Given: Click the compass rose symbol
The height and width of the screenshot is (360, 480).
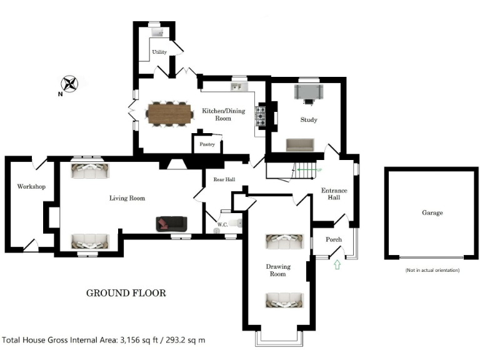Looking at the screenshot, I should [69, 83].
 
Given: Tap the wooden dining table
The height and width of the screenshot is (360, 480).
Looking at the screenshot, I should [170, 114].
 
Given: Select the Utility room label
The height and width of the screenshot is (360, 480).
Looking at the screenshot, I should [160, 52].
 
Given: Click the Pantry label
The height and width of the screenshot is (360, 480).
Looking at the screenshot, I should [207, 144].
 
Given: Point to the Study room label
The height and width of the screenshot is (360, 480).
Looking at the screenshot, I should [308, 120].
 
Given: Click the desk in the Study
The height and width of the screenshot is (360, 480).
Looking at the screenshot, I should [309, 92].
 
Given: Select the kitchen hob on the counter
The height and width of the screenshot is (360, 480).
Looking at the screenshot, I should [261, 116].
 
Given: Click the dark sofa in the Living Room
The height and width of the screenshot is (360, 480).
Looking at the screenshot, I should [171, 223].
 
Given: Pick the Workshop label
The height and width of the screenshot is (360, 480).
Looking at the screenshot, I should [31, 187].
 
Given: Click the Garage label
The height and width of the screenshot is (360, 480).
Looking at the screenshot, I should [432, 213].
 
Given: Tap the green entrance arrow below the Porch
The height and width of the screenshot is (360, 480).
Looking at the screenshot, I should [338, 265].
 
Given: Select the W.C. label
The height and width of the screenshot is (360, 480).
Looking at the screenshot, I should [222, 224].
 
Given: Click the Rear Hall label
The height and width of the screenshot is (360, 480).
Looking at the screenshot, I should [224, 180].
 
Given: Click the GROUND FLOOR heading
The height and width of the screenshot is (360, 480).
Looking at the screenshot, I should [126, 293].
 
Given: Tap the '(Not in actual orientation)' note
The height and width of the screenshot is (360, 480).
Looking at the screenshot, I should [432, 270].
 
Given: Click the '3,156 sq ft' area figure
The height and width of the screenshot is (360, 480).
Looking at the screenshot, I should [138, 341].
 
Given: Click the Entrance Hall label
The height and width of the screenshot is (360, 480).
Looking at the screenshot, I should [334, 194].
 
